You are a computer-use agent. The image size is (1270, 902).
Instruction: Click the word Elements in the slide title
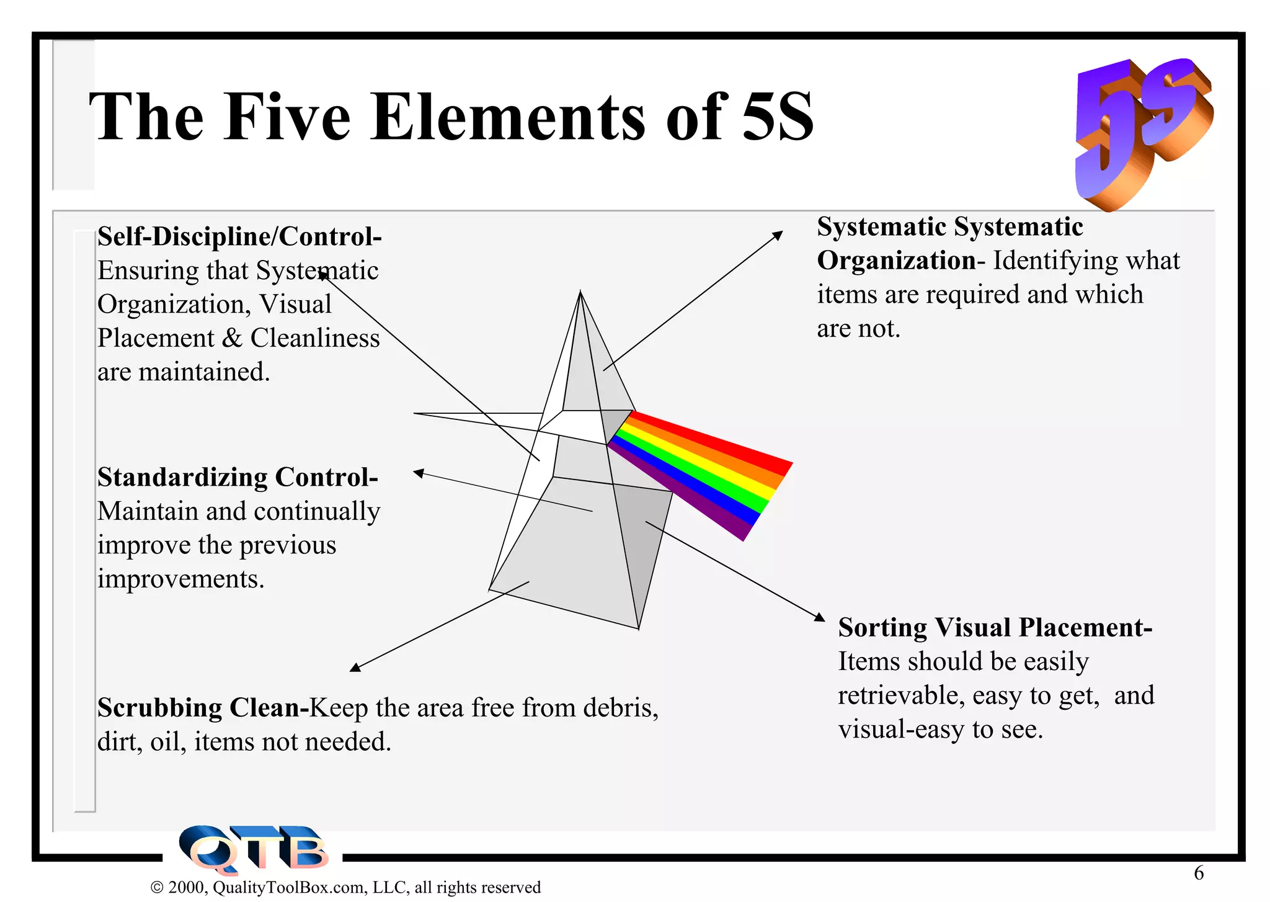point(508,117)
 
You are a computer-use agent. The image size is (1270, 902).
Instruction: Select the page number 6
point(1199,873)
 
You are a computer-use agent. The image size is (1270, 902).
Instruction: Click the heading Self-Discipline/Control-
point(239,236)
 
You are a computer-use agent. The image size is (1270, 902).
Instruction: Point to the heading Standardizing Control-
point(238,477)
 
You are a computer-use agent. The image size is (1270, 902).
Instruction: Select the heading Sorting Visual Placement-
point(995,628)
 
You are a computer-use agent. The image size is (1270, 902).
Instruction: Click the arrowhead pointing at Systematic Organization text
point(778,235)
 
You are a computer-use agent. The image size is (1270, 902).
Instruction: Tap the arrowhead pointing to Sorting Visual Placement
point(819,617)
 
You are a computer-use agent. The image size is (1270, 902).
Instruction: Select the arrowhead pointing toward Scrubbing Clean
point(355,668)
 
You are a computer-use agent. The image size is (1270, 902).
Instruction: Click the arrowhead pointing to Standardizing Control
point(419,473)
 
